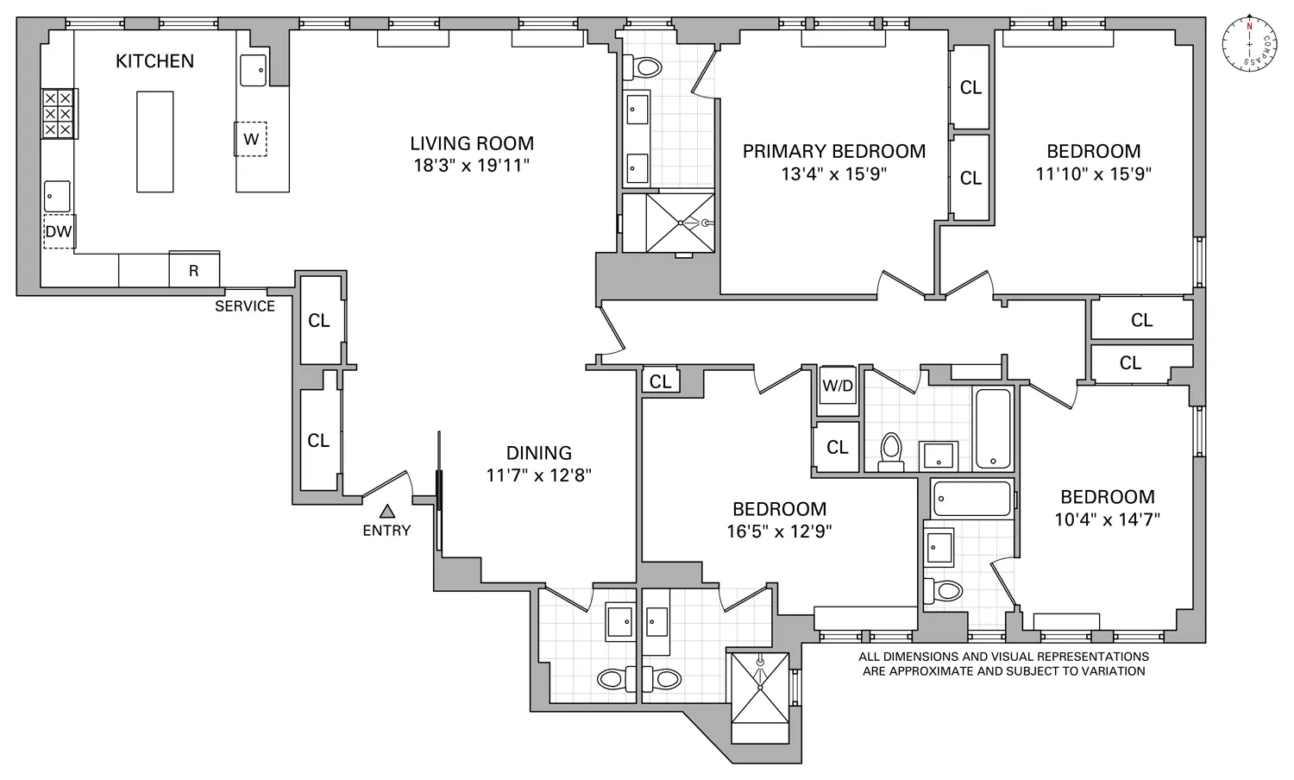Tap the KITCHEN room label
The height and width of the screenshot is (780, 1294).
click(155, 61)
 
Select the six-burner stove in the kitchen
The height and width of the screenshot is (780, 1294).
click(59, 114)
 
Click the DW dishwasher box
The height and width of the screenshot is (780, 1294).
click(59, 231)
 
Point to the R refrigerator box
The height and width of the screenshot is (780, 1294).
click(194, 270)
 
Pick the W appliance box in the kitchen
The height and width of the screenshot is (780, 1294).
click(251, 139)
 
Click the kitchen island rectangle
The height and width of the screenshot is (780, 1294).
click(155, 142)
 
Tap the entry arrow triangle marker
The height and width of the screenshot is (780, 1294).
click(387, 512)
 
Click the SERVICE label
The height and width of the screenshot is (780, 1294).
click(245, 306)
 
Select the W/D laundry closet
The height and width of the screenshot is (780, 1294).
click(837, 386)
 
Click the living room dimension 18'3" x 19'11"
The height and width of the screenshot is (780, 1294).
click(472, 166)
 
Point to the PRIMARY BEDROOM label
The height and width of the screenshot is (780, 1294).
click(834, 151)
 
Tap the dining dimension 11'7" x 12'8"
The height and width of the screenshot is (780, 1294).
click(539, 475)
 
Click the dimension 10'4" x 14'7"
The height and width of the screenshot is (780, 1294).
click(1108, 519)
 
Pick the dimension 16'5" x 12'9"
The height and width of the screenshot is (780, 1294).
click(779, 532)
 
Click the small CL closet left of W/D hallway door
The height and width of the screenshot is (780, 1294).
click(661, 381)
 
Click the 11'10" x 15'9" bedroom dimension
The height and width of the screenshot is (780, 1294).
click(1094, 173)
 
